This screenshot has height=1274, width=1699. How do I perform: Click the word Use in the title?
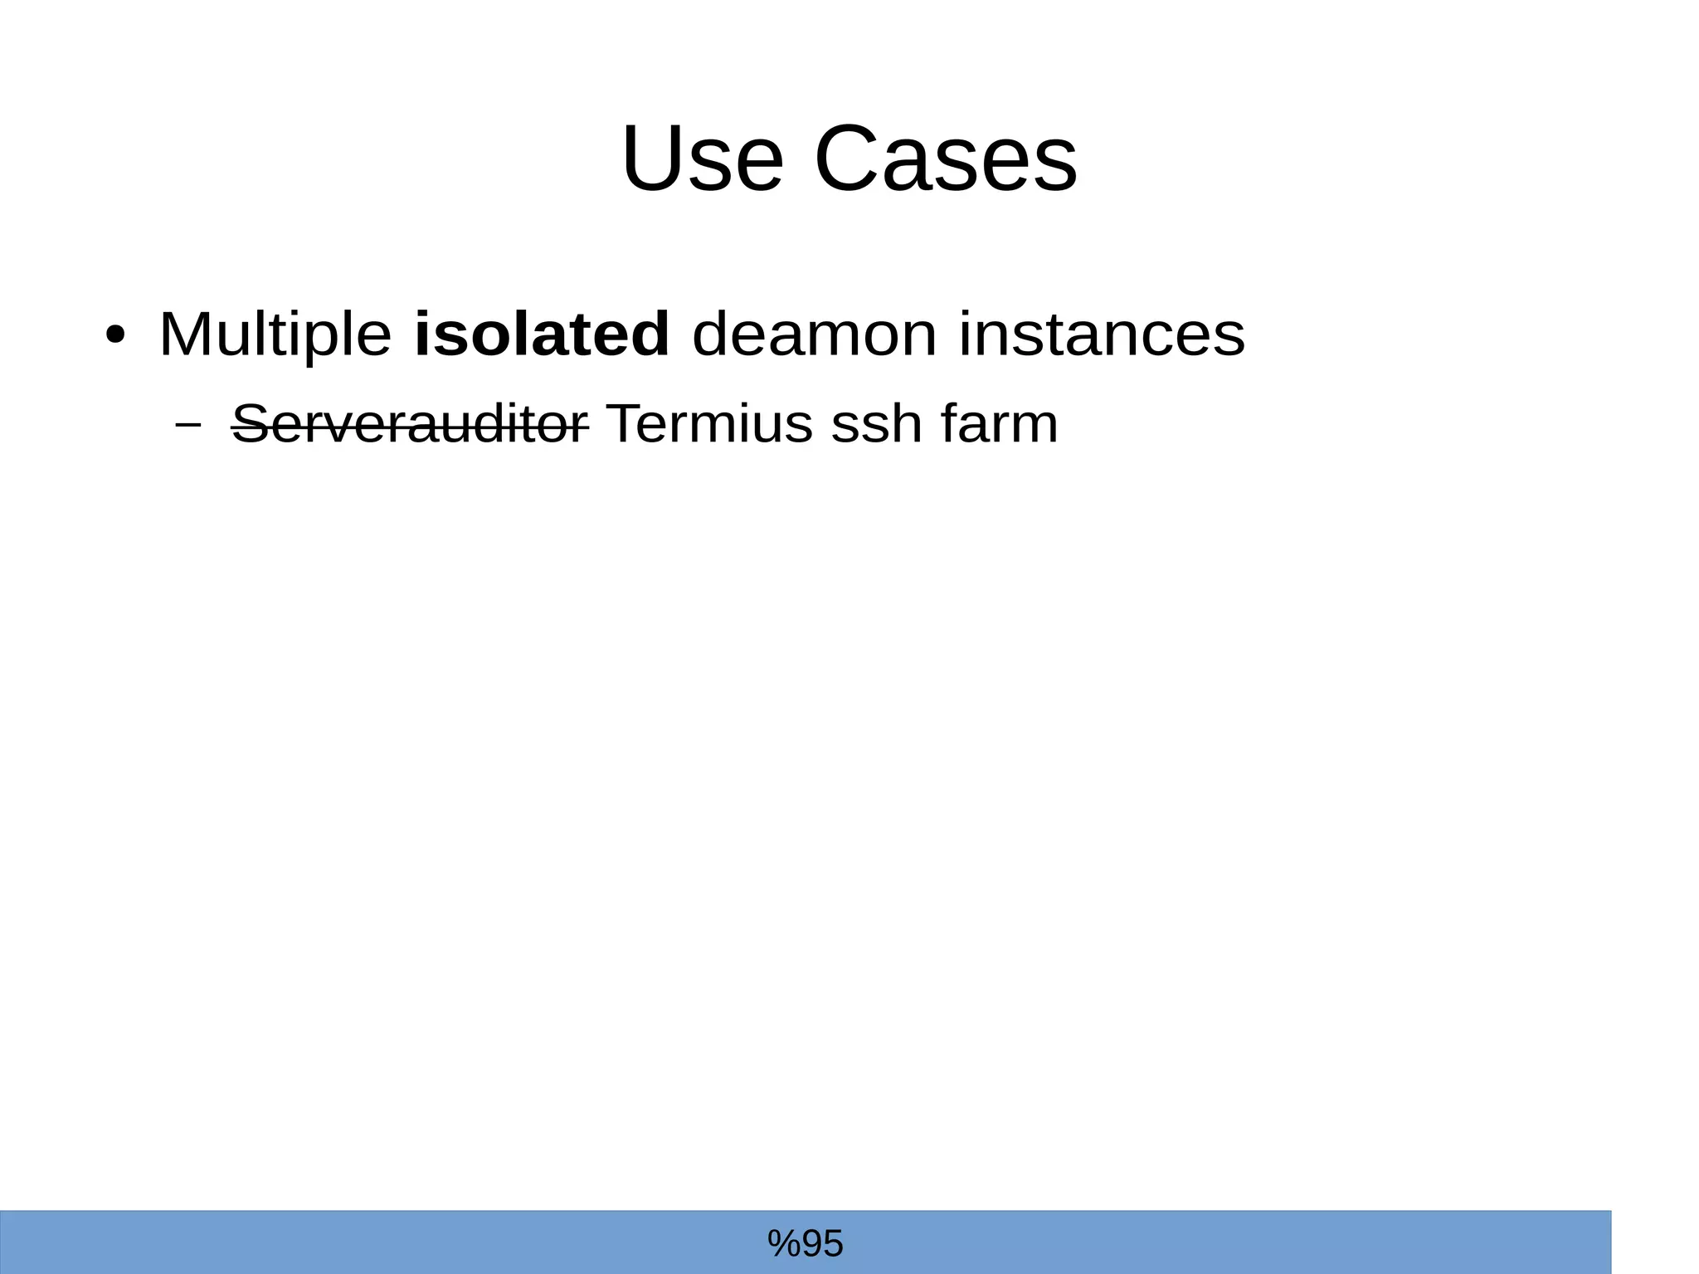point(702,159)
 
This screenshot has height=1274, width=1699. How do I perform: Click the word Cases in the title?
point(945,159)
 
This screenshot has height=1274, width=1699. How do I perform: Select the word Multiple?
point(275,334)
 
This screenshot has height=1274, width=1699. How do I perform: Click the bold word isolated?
point(541,334)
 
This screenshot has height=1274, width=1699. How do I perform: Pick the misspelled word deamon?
point(814,334)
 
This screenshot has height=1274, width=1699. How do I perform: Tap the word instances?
point(1102,334)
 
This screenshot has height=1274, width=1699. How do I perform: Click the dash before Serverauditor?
point(189,424)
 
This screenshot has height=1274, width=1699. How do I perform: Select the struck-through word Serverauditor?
point(410,423)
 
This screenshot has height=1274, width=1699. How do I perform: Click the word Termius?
point(708,423)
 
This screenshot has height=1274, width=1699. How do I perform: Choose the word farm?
point(1000,423)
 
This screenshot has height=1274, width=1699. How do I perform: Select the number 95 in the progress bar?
point(821,1243)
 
